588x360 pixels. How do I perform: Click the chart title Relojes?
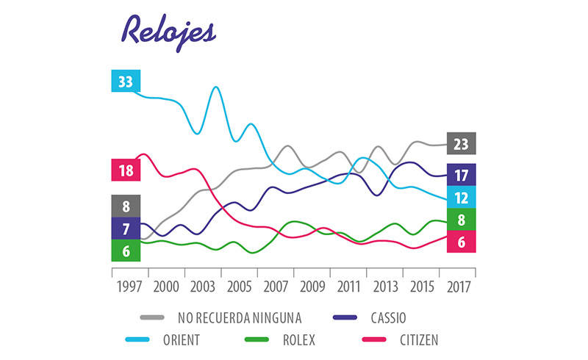point(168,29)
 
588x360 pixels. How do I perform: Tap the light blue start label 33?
point(125,81)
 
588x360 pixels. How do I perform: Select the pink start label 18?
point(125,170)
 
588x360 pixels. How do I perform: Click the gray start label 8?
point(125,206)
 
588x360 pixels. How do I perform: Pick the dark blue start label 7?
point(125,228)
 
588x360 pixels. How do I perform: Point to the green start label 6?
point(125,251)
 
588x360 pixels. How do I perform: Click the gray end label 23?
point(461,144)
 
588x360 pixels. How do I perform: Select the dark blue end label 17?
point(461,175)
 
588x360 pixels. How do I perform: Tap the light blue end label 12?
point(461,197)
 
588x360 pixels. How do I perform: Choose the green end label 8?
point(461,219)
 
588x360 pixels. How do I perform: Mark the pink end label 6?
point(461,242)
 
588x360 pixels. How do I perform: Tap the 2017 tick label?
point(456,286)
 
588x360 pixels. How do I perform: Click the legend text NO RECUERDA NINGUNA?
point(240,318)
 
